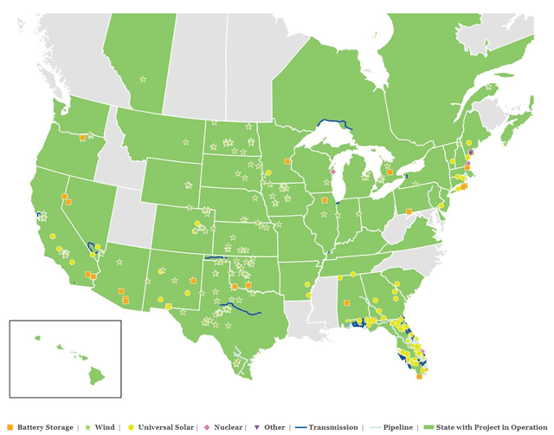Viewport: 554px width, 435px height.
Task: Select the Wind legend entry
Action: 105,427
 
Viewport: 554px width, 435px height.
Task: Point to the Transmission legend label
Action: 328,427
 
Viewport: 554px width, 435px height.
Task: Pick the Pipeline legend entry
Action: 398,427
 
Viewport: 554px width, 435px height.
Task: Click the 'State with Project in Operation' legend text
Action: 489,427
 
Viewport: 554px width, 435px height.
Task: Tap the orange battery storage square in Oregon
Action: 81,137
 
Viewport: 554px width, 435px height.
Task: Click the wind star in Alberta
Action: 143,80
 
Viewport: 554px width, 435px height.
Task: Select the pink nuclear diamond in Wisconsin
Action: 332,172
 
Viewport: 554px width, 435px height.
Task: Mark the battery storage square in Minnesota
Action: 287,160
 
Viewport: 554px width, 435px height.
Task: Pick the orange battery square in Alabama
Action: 345,303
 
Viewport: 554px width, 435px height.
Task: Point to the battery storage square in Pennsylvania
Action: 408,211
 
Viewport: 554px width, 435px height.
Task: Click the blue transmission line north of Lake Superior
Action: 333,123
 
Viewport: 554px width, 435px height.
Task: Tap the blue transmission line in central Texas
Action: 238,308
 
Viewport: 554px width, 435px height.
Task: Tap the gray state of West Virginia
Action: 394,229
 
